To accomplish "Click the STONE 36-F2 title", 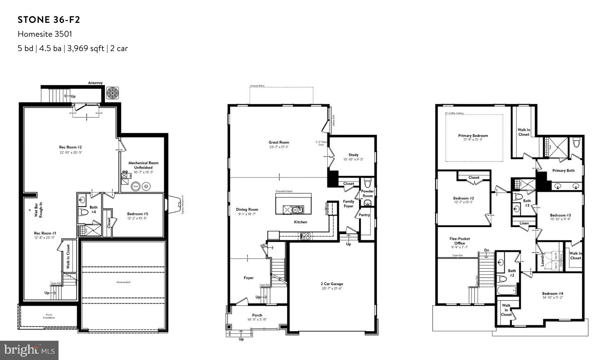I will click(x=49, y=20).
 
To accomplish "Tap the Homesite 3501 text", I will click(x=45, y=34).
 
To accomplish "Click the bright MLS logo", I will click(x=29, y=350).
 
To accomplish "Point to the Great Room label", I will click(x=279, y=142).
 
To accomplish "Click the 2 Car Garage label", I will click(x=332, y=284).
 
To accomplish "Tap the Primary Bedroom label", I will click(x=473, y=136).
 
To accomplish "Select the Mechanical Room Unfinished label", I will click(x=144, y=165).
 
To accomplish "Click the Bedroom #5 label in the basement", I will click(x=137, y=214).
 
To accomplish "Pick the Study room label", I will click(x=353, y=155).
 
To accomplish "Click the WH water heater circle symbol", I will click(x=136, y=186).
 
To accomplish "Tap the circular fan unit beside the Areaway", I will click(x=112, y=93).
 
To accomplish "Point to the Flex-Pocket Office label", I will click(x=460, y=241).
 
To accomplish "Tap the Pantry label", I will click(x=364, y=215).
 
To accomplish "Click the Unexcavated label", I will click(x=123, y=282).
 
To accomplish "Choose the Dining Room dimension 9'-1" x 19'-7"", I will click(x=247, y=214).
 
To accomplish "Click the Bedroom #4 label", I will click(x=553, y=294).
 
